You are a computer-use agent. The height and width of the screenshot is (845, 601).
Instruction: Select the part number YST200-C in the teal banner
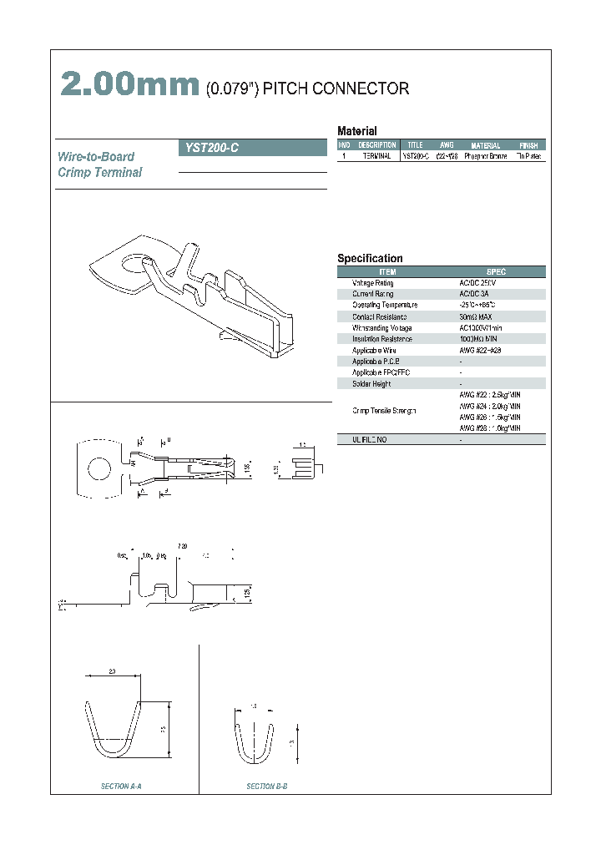209,148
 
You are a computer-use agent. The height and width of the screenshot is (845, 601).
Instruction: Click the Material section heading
356,131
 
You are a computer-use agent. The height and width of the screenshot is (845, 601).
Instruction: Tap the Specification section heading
370,259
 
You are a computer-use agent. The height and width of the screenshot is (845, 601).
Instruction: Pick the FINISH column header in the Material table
528,145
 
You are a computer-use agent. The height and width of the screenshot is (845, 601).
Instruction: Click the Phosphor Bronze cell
484,156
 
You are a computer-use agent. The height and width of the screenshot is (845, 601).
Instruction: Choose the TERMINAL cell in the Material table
376,156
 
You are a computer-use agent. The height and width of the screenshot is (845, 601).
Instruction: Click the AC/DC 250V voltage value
477,283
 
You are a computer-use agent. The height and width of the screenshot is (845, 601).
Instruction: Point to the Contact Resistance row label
379,316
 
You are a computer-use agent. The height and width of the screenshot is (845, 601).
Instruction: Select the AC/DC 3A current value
475,294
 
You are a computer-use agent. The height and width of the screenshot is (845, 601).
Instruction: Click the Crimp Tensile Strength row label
384,411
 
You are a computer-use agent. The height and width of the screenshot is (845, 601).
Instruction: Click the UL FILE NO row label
370,439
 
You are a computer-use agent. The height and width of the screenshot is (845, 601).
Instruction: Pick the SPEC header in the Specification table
496,272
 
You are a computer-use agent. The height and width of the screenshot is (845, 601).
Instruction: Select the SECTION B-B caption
267,787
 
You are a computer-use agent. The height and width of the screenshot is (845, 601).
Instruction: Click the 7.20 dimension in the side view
182,545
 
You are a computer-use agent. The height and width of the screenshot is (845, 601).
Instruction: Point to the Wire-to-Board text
95,157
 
